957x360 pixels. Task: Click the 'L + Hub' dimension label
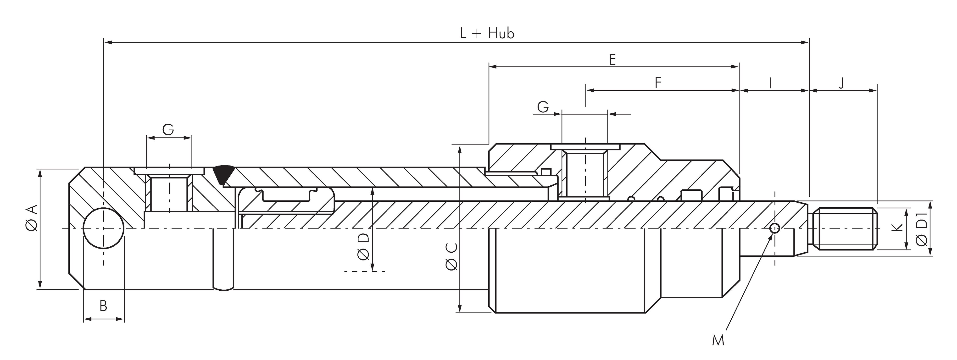(x=487, y=33)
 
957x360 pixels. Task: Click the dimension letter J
(x=841, y=83)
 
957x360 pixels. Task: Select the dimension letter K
(x=897, y=228)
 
